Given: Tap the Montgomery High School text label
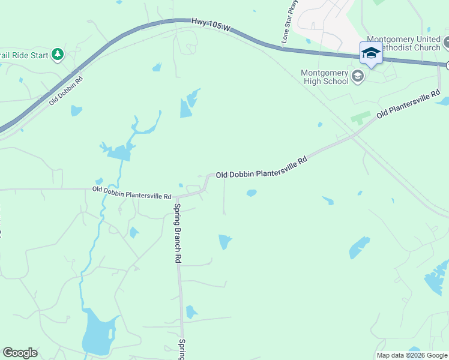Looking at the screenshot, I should pyautogui.click(x=325, y=77).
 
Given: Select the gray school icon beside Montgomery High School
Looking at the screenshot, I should pyautogui.click(x=358, y=76).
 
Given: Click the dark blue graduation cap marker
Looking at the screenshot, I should pyautogui.click(x=371, y=52).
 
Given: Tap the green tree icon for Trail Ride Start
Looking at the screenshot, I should pyautogui.click(x=58, y=55).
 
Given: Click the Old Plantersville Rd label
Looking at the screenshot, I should pyautogui.click(x=408, y=104).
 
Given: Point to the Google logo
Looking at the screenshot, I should pyautogui.click(x=20, y=353).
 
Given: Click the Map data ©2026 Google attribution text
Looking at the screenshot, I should pyautogui.click(x=412, y=355).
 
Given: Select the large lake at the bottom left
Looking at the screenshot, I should pyautogui.click(x=98, y=332).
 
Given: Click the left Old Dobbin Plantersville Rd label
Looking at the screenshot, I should pyautogui.click(x=132, y=193).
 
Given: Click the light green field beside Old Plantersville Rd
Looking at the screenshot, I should pyautogui.click(x=361, y=117).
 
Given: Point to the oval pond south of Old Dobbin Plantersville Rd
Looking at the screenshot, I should pyautogui.click(x=251, y=193).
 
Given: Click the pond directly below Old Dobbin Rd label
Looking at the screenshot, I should pyautogui.click(x=76, y=110).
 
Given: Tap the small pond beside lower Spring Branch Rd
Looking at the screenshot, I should pyautogui.click(x=191, y=312).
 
